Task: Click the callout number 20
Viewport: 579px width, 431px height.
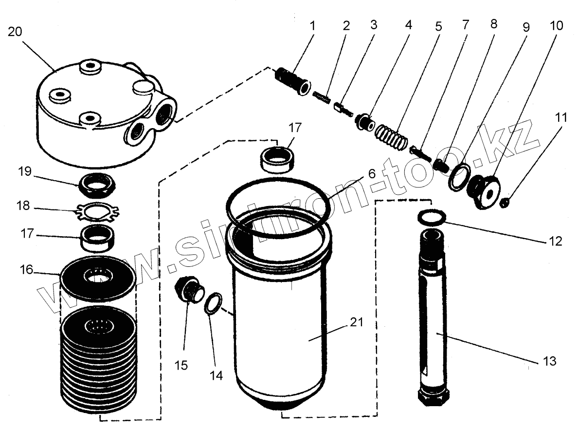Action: coord(15,32)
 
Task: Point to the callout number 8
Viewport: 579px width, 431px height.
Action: coord(494,24)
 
